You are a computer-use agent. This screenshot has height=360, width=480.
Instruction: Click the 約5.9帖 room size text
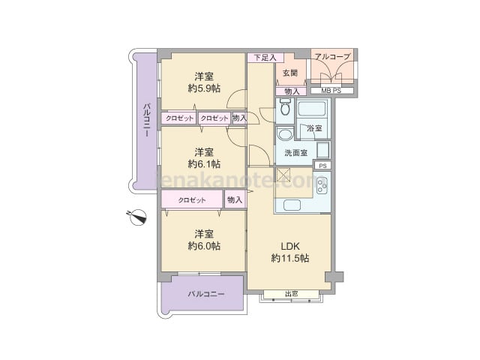click(x=204, y=88)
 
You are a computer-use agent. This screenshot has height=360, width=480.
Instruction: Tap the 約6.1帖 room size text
click(x=204, y=164)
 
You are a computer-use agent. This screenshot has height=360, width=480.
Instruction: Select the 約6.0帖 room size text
click(x=204, y=246)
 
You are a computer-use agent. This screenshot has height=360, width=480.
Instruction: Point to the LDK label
click(x=290, y=246)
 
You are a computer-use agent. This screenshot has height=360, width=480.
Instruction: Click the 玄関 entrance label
click(x=290, y=73)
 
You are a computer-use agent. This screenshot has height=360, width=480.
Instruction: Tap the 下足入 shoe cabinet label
click(x=265, y=58)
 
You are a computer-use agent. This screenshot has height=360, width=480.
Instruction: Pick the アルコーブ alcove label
click(x=332, y=57)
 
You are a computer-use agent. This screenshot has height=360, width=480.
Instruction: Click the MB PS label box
click(x=332, y=91)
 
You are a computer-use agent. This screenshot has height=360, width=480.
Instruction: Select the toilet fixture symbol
click(x=285, y=106)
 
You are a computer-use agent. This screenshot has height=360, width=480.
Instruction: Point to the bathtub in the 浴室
click(x=312, y=109)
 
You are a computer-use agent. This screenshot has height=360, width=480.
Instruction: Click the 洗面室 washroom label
click(x=295, y=153)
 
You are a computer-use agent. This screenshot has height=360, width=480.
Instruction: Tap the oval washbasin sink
click(x=285, y=134)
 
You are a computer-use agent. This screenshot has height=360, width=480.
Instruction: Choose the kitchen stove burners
click(x=322, y=185)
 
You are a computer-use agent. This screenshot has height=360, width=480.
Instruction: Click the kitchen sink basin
click(x=292, y=205)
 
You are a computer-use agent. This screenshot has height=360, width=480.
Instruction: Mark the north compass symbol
click(x=137, y=217)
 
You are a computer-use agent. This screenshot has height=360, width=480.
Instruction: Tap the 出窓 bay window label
click(x=292, y=294)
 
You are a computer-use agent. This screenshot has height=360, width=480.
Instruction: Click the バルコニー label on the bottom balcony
click(x=206, y=295)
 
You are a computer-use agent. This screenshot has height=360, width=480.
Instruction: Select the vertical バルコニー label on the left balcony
click(x=147, y=119)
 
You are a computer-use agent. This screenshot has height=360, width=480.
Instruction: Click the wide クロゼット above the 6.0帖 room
click(x=192, y=199)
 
